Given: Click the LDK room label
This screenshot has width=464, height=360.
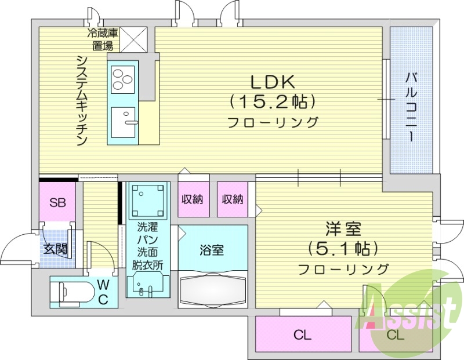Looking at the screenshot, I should click(x=273, y=82).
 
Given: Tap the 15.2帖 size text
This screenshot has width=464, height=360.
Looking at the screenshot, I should click(x=273, y=102).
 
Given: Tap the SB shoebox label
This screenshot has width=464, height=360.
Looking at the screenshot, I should click(x=57, y=203).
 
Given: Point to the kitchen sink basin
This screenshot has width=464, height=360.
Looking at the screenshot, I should click(x=123, y=122).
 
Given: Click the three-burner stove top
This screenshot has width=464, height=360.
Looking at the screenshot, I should click(x=123, y=80).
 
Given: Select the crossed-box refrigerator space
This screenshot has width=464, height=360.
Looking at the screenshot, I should click(x=135, y=40).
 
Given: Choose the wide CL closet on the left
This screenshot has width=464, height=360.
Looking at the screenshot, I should click(x=303, y=335).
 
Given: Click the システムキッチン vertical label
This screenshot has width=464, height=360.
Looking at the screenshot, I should click(x=82, y=101).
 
